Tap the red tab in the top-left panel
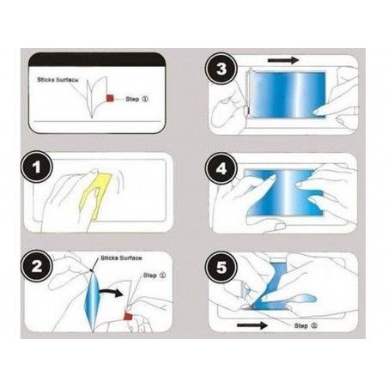[110, 100]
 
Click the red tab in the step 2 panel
[127, 319]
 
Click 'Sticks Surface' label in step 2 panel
[121, 256]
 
